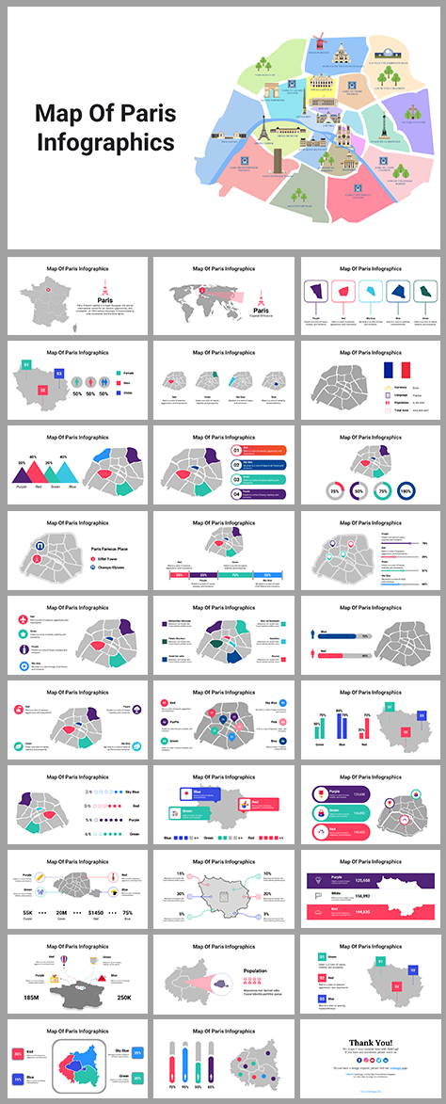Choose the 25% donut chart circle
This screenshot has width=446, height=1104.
334,490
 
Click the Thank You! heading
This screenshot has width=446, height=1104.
370,1042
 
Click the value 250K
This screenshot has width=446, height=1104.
123,996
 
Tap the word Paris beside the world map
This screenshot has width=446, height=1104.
260,307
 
